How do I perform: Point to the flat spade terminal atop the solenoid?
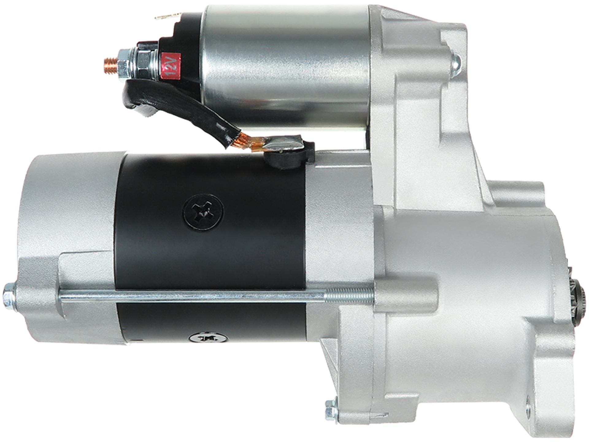[167, 16]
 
